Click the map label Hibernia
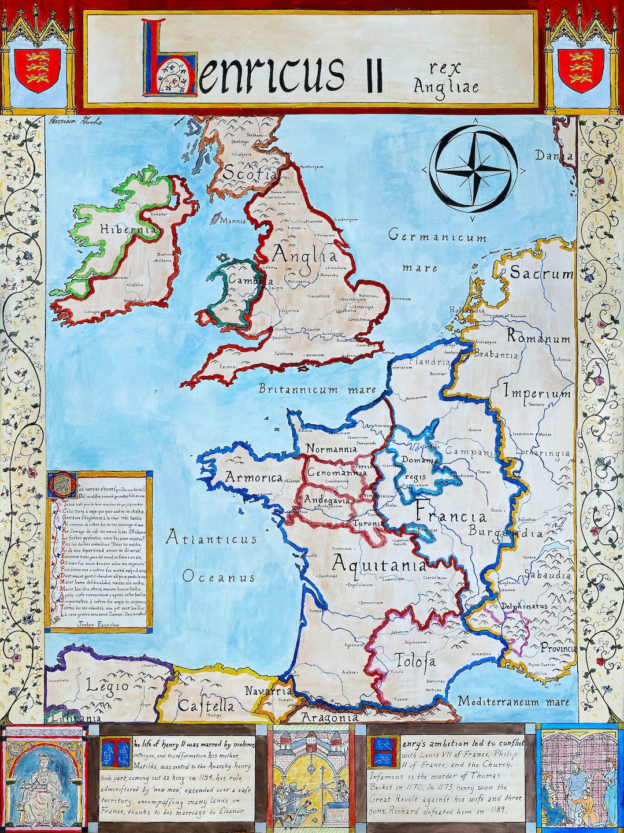tap(128, 229)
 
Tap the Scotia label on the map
tap(250, 172)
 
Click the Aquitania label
tap(379, 564)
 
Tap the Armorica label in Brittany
tap(254, 477)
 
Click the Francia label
tap(451, 515)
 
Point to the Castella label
tap(206, 705)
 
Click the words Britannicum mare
tap(317, 390)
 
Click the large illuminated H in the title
tap(170, 58)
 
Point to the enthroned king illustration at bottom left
tap(44, 777)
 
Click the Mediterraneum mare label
tap(514, 702)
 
